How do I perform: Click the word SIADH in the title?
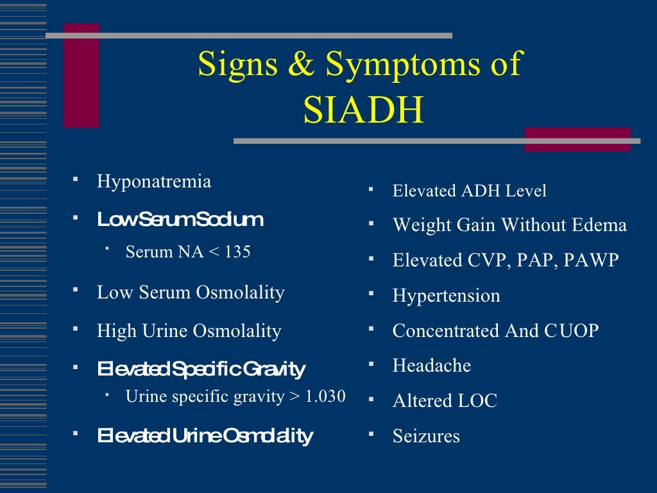tap(363, 110)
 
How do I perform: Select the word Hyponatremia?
tap(153, 182)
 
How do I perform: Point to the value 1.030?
tap(325, 396)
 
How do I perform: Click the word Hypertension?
tap(446, 296)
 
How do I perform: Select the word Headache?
tap(431, 366)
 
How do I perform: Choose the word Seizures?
tap(426, 437)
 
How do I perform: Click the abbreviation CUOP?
tap(572, 331)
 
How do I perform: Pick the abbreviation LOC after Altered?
tap(477, 401)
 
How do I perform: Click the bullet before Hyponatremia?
tap(76, 177)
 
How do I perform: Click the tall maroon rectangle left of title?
tap(81, 76)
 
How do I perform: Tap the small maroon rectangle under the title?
tap(577, 139)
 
